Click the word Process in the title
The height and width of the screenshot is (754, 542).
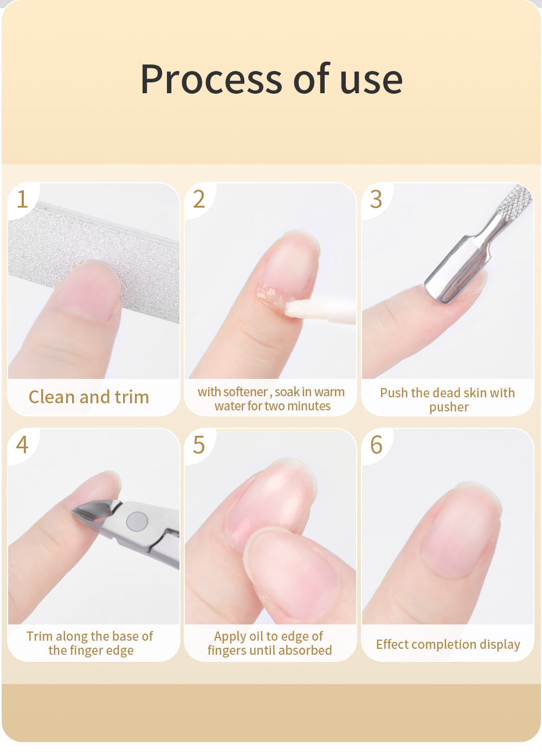pos(211,79)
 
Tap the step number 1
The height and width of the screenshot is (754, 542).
pos(22,199)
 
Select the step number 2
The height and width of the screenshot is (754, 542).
pos(199,199)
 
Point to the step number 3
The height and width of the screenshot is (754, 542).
pos(376,199)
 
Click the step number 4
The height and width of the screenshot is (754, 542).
pos(22,444)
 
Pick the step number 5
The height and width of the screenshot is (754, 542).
pos(199,444)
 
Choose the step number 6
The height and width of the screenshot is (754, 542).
pos(376,444)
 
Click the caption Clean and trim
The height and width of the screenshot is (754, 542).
pos(89,397)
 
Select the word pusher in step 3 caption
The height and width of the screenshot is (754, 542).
pos(449,407)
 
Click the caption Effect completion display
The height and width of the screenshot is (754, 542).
pos(448,645)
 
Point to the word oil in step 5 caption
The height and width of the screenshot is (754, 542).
pos(253,636)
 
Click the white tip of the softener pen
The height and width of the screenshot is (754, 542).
pos(297,308)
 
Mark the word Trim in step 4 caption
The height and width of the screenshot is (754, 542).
pos(40,636)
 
